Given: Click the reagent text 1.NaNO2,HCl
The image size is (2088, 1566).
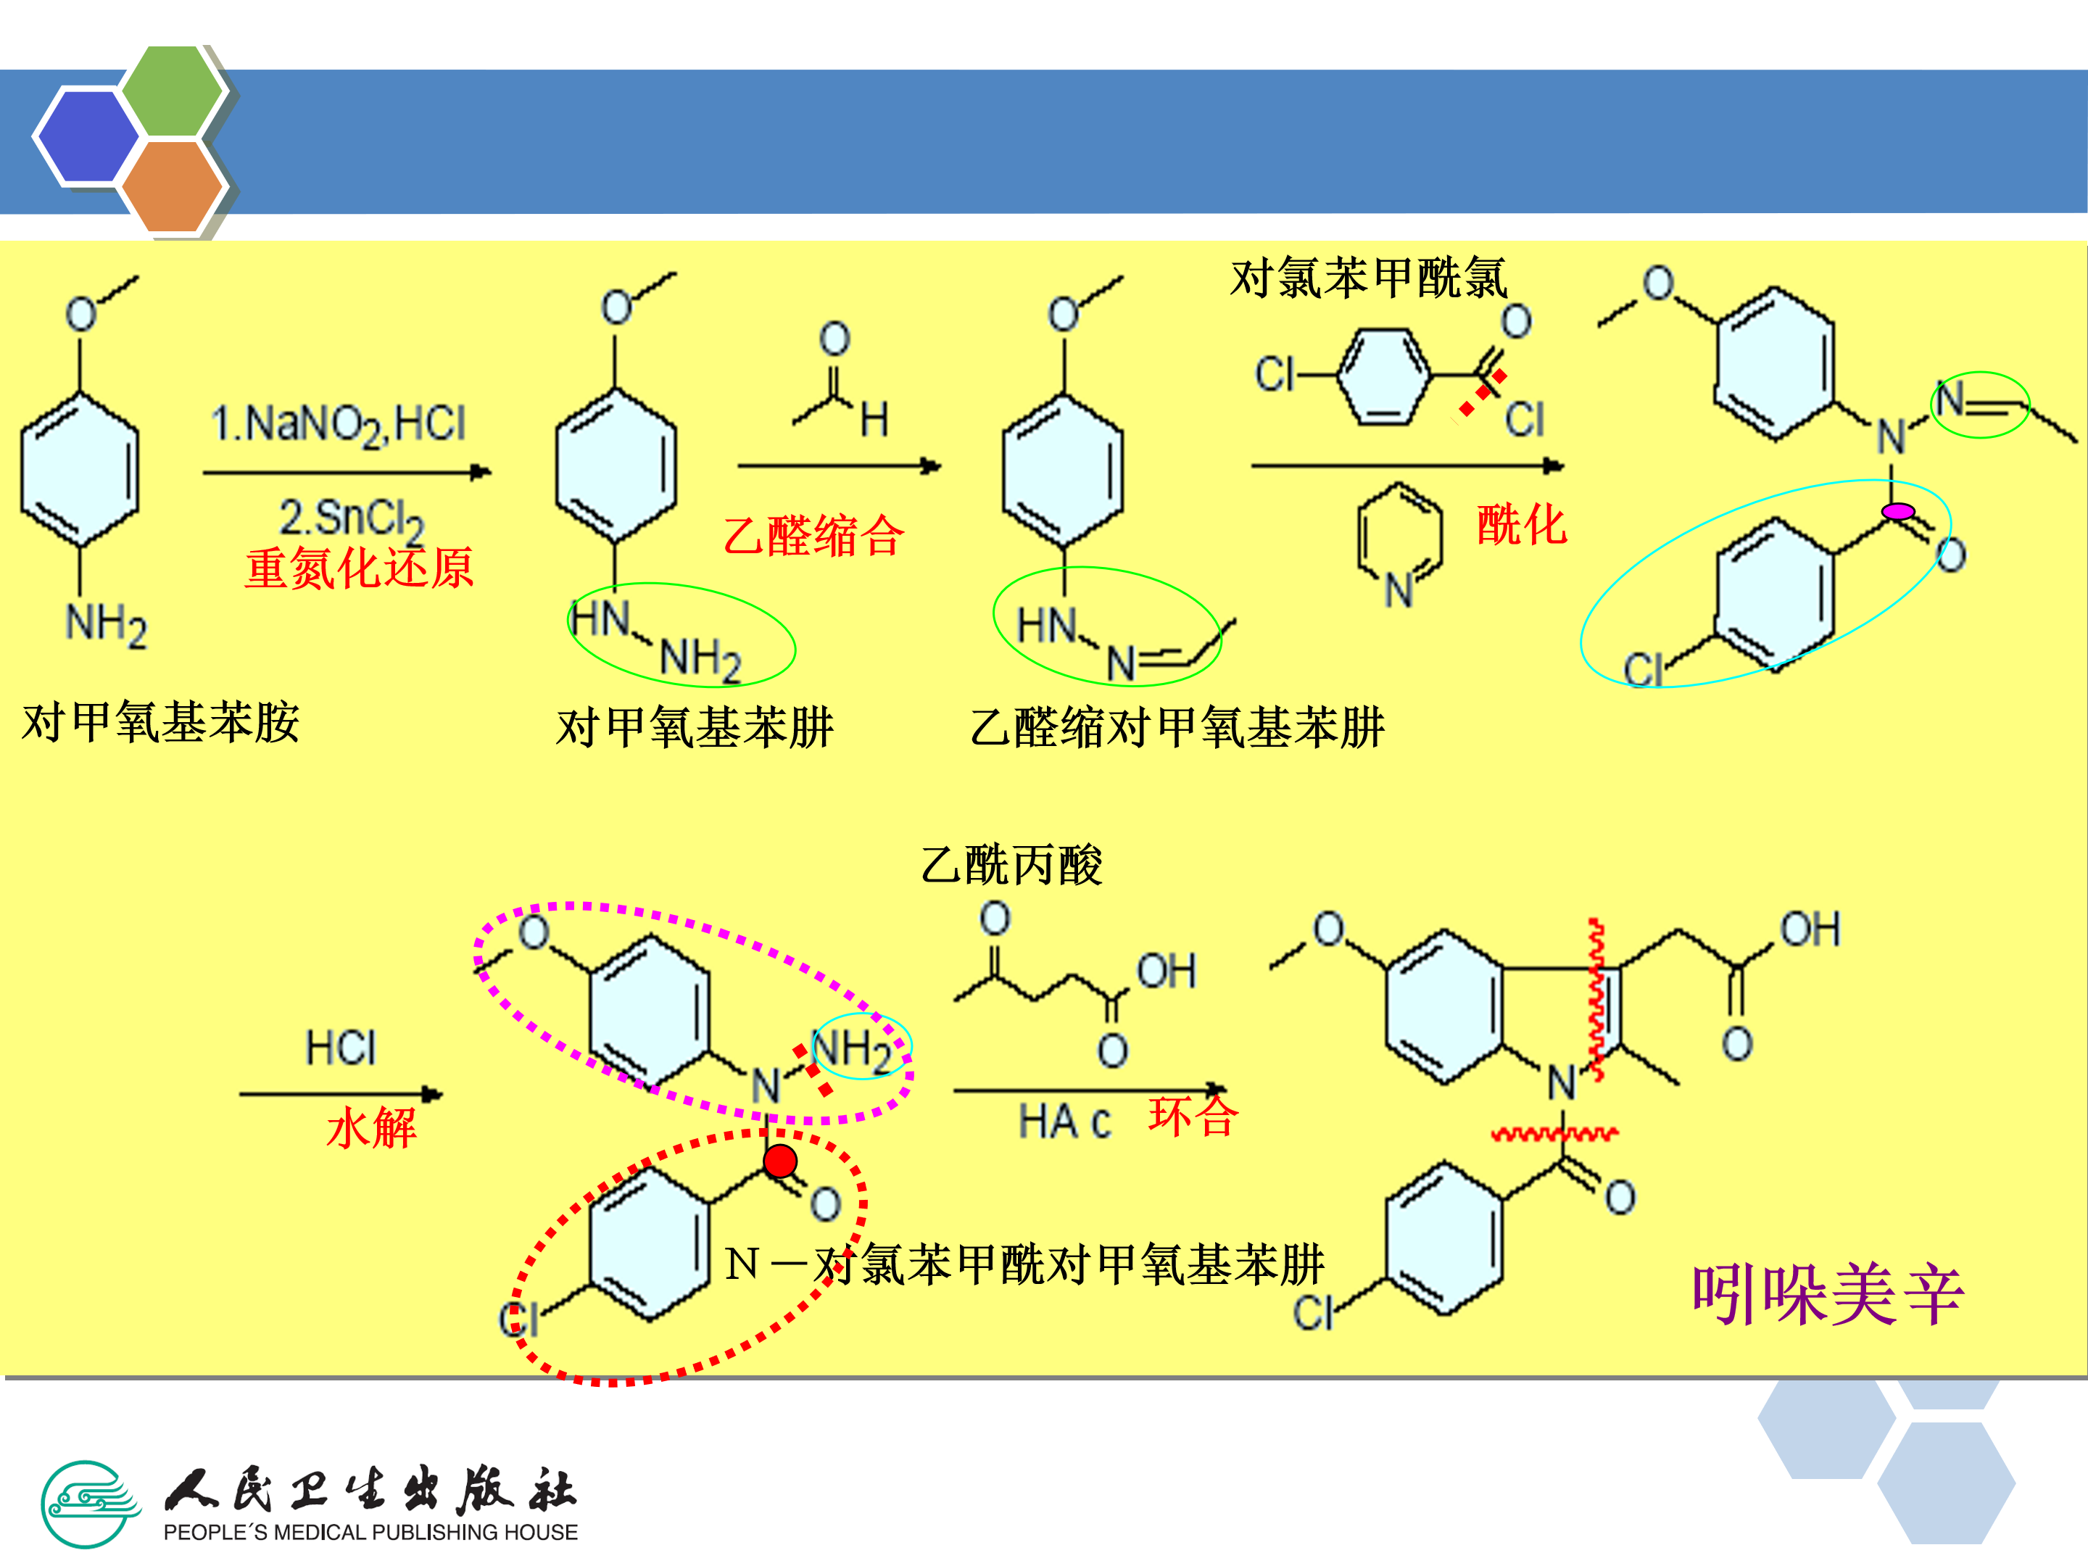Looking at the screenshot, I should (x=338, y=424).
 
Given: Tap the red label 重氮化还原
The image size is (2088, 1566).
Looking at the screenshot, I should (x=359, y=568).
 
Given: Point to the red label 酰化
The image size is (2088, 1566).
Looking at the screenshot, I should (x=1521, y=525).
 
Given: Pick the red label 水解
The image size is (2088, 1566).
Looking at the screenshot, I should (x=371, y=1128).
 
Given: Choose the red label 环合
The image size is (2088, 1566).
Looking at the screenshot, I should (x=1193, y=1116).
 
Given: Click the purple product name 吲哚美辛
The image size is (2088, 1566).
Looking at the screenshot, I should (x=1826, y=1295).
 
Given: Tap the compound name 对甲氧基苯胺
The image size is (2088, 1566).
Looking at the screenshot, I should (x=160, y=723).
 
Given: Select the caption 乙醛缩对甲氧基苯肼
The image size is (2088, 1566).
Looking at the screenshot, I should (x=1176, y=728).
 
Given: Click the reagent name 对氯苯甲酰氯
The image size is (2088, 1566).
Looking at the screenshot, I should (x=1368, y=278).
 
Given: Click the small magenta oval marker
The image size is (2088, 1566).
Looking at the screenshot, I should (x=1897, y=512).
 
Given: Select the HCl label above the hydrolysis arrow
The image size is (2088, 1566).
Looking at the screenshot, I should (x=341, y=1048).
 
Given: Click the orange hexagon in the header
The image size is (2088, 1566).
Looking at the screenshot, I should (x=172, y=186).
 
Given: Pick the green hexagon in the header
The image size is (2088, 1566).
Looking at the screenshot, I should (x=173, y=91).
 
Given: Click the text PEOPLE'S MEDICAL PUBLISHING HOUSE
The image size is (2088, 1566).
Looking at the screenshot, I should (x=370, y=1532).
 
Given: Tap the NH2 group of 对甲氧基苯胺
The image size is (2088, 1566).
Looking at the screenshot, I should (x=106, y=625).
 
